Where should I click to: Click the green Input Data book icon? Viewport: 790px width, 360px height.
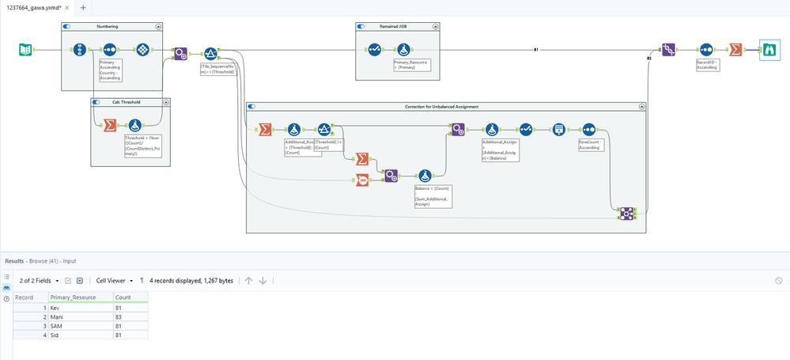click(x=25, y=50)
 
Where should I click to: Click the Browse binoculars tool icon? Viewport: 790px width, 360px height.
click(x=767, y=49)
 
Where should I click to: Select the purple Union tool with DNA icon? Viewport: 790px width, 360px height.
click(x=668, y=49)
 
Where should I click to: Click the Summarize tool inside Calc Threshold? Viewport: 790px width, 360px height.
click(x=109, y=124)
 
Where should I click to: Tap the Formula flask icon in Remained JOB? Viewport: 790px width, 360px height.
click(x=403, y=50)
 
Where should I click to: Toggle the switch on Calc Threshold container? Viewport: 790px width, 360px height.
click(x=96, y=102)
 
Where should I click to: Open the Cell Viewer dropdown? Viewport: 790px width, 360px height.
click(x=114, y=280)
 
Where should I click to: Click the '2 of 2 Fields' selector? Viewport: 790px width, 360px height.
click(x=37, y=280)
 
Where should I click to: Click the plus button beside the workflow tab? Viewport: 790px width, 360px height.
click(x=83, y=7)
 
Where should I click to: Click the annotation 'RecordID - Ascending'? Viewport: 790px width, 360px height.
click(x=707, y=64)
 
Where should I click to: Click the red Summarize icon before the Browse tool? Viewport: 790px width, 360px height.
click(x=735, y=49)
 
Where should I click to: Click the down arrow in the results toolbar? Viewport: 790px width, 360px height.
click(x=263, y=280)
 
